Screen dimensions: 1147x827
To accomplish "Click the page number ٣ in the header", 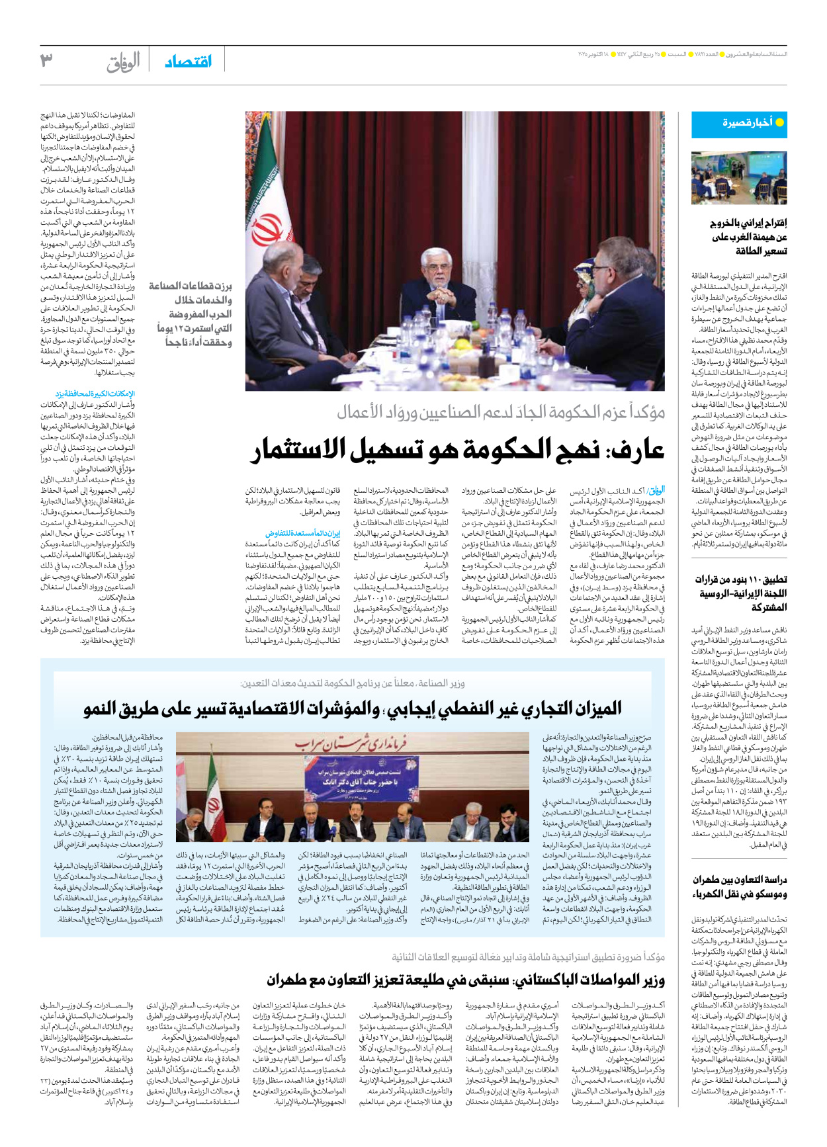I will tap(46, 60).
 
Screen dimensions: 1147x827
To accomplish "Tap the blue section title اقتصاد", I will tap(188, 62).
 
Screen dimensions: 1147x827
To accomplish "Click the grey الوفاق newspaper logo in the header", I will tap(124, 63).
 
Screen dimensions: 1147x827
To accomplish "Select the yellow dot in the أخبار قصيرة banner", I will tap(779, 123).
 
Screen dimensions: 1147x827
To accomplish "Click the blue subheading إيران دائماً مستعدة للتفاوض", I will tap(302, 533).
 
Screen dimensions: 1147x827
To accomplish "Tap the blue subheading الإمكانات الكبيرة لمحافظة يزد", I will tap(96, 394).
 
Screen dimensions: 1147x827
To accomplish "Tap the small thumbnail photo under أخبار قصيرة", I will tap(738, 177).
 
